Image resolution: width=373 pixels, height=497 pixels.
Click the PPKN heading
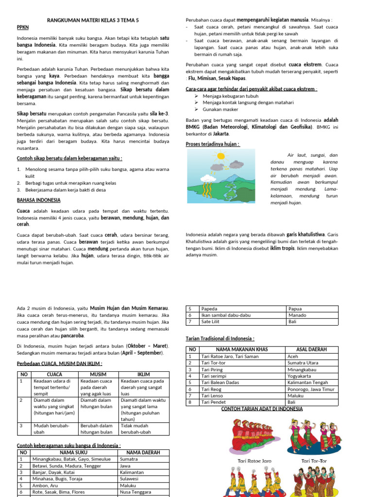pyautogui.click(x=23, y=27)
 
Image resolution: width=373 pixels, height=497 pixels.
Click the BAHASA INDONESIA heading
pyautogui.click(x=39, y=200)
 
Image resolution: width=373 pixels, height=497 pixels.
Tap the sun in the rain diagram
pyautogui.click(x=221, y=157)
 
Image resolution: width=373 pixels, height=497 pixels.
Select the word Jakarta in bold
pyautogui.click(x=221, y=133)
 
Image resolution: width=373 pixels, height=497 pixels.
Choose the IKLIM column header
pyautogui.click(x=144, y=375)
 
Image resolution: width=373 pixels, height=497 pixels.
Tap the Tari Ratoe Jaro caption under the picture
pyautogui.click(x=254, y=461)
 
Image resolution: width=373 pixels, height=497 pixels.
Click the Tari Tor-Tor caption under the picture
pyautogui.click(x=314, y=461)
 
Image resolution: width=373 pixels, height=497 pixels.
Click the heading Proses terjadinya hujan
pyautogui.click(x=213, y=144)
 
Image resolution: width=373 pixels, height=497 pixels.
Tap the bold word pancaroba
pyautogui.click(x=72, y=335)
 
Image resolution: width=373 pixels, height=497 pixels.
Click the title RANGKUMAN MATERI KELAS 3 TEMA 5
pyautogui.click(x=93, y=20)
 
